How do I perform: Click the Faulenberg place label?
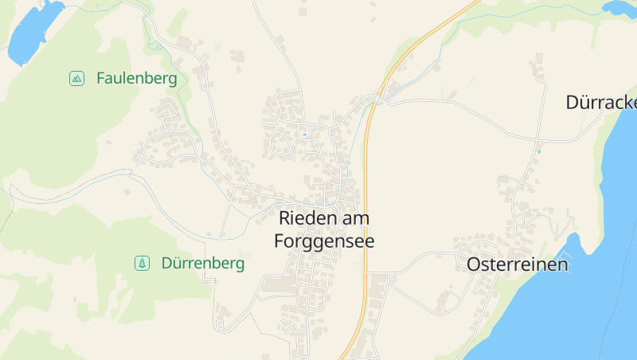[x=136, y=78]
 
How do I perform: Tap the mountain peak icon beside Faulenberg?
[x=76, y=78]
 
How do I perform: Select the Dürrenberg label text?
[x=202, y=263]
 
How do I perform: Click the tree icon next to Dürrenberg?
[x=142, y=263]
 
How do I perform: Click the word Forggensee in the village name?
[x=324, y=241]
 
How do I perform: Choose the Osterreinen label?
[x=518, y=264]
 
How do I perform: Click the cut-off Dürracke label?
[x=601, y=102]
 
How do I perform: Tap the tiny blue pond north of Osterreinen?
[x=539, y=151]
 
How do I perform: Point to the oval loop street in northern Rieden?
[x=280, y=143]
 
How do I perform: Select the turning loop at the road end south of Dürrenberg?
[x=221, y=324]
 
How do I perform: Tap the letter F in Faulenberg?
[x=101, y=78]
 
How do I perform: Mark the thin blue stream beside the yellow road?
[x=354, y=143]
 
